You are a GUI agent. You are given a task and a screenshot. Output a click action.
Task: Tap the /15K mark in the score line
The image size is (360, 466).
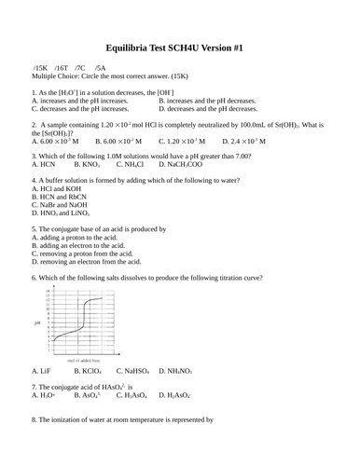40,70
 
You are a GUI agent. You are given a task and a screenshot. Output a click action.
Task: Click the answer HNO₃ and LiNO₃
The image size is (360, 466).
66,212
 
